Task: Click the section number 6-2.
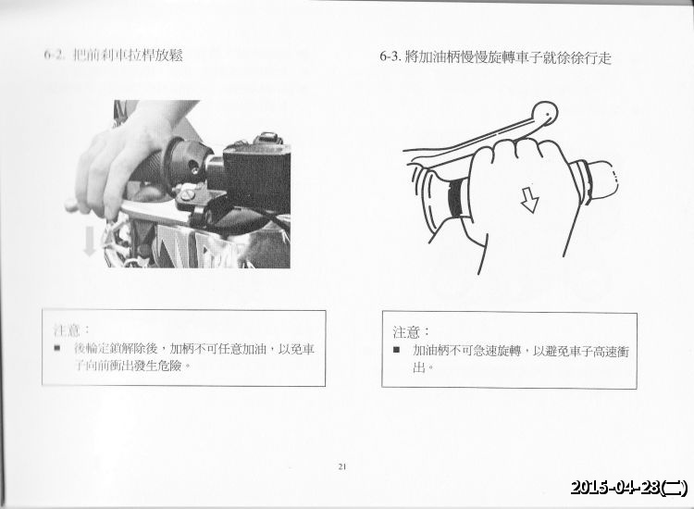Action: coord(53,56)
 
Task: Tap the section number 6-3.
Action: coord(390,56)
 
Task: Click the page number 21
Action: coord(342,466)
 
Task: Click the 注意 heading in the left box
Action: coord(72,329)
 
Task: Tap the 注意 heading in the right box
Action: coord(412,331)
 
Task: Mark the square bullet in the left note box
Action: coord(57,349)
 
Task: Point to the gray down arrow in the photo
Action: coord(90,241)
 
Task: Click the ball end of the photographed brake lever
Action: coord(70,206)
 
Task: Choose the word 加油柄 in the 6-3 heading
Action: coord(435,56)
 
